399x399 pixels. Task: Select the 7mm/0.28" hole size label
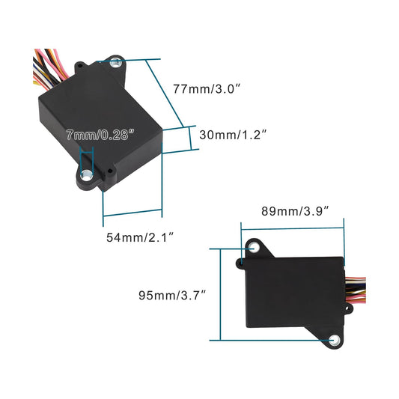point(100,135)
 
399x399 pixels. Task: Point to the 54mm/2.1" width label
point(140,237)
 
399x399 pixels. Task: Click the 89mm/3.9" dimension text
point(293,210)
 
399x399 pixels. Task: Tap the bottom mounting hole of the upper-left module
point(86,177)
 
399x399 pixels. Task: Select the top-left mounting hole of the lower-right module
point(255,247)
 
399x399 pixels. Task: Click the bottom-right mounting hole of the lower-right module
point(333,339)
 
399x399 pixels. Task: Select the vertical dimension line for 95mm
point(219,294)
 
